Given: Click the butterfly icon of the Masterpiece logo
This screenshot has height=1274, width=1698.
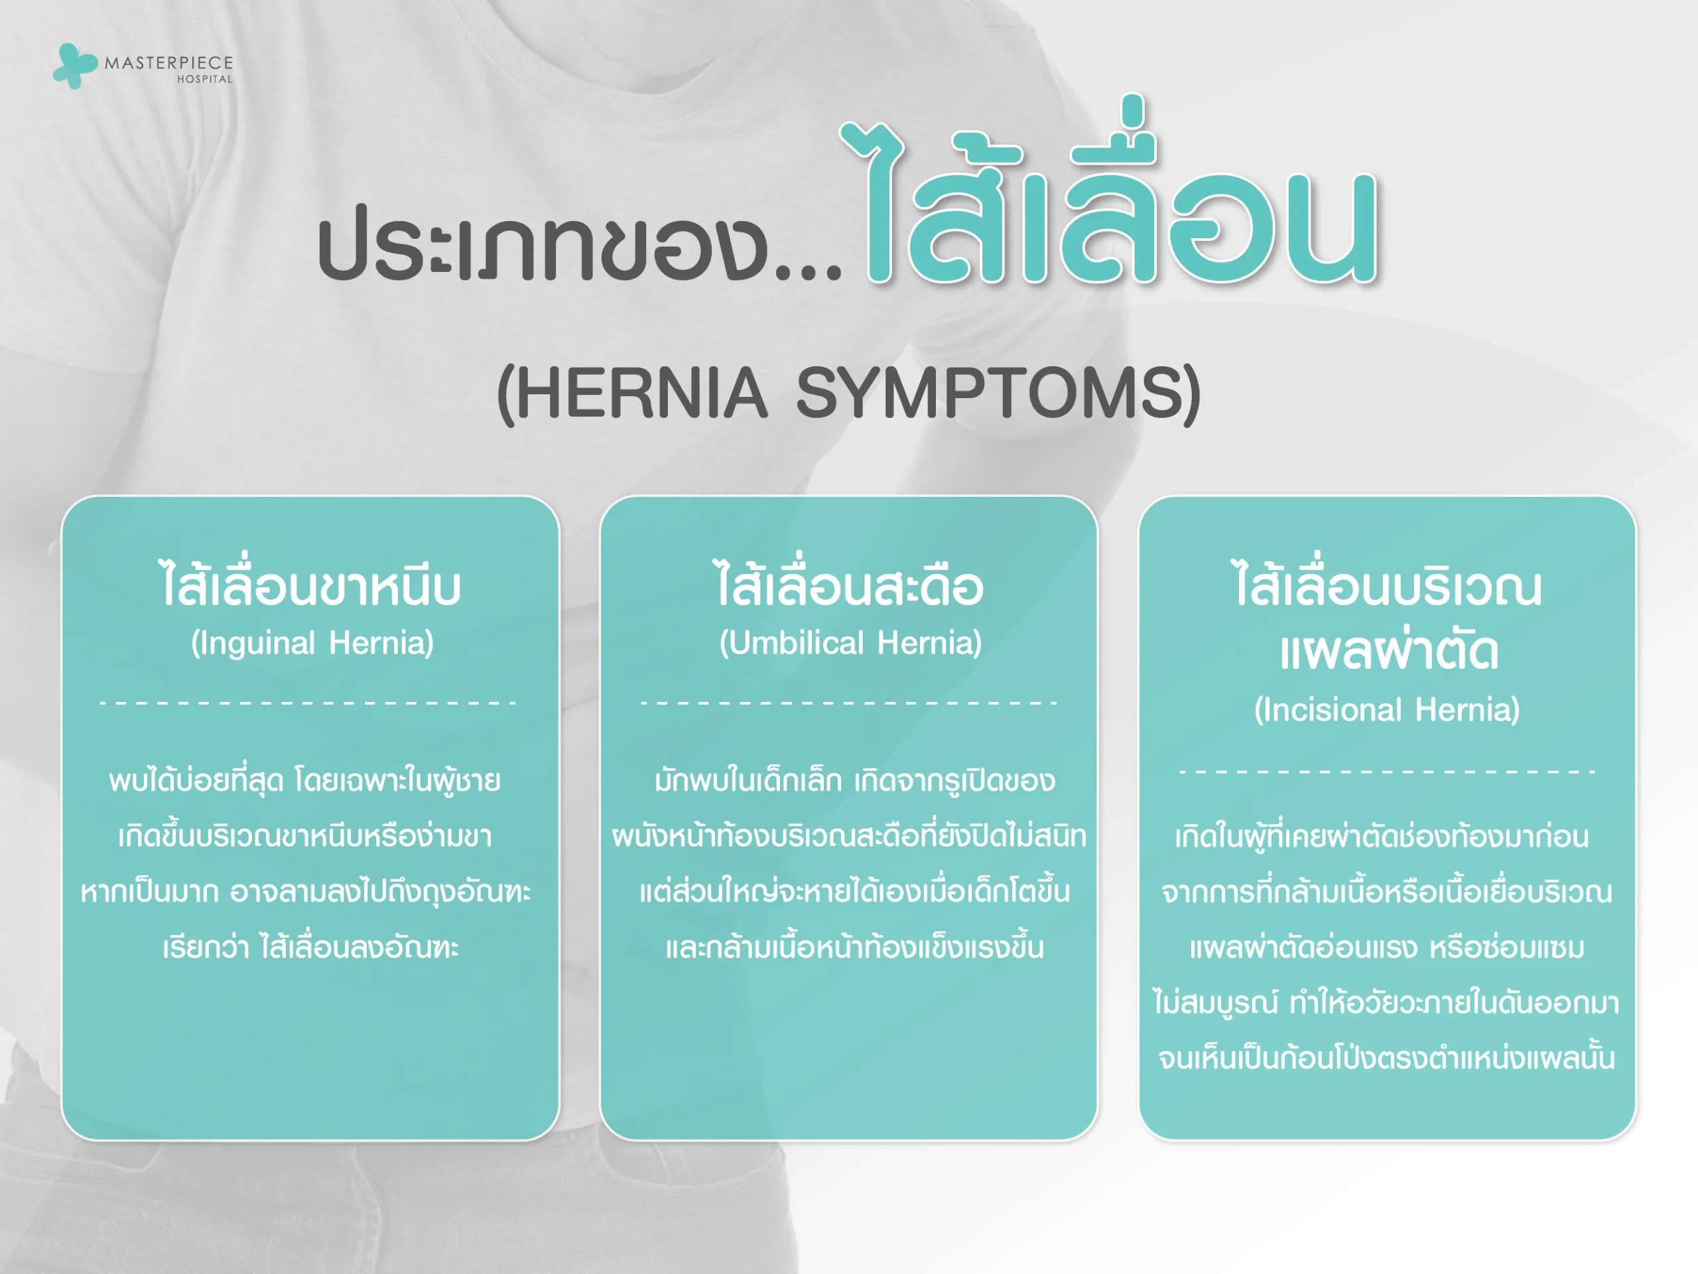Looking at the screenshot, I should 74,65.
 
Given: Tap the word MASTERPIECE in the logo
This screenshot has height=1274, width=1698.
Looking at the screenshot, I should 169,63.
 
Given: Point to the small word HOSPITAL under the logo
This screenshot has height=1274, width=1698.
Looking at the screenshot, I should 204,79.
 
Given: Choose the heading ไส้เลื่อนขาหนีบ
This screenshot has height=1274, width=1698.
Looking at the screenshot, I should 310,586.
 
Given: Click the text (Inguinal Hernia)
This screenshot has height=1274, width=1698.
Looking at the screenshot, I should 312,643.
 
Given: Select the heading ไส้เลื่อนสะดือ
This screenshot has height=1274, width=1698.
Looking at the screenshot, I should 849,586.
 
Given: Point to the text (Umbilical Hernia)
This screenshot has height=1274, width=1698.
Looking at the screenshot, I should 850,643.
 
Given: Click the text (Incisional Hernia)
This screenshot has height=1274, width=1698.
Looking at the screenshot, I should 1386,709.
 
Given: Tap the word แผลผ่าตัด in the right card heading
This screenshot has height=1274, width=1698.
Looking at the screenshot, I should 1388,651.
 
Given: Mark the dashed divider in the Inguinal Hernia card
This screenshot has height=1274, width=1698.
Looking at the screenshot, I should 308,703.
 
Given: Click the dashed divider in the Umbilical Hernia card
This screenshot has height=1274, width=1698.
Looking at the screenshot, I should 849,703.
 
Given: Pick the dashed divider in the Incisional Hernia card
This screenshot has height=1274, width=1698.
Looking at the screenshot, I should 1387,771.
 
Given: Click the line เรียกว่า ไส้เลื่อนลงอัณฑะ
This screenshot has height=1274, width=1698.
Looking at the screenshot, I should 310,947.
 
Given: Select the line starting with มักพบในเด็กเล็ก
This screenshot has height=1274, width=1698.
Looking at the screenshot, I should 854,780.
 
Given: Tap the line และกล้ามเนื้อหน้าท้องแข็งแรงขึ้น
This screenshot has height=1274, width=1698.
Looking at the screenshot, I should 854,947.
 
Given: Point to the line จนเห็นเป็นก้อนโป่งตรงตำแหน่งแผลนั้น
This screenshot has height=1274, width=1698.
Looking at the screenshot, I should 1386,1058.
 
